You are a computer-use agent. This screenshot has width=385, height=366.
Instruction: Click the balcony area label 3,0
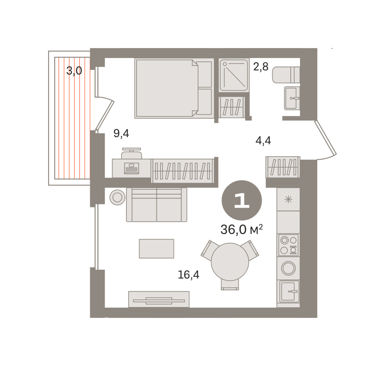[74, 71]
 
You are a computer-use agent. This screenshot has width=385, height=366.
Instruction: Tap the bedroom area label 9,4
[121, 134]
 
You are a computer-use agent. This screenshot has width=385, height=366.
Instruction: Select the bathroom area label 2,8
[261, 67]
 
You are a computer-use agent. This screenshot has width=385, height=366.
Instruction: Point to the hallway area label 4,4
[263, 140]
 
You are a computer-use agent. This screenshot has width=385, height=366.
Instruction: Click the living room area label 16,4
[188, 275]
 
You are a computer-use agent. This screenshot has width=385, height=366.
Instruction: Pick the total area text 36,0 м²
[242, 229]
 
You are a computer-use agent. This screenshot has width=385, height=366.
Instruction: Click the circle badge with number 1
[242, 200]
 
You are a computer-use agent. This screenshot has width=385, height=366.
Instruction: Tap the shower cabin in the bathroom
[234, 75]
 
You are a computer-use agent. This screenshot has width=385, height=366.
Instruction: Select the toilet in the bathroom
[286, 75]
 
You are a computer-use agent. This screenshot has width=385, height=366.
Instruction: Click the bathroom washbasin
[292, 98]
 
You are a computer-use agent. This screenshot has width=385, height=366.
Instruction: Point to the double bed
[174, 88]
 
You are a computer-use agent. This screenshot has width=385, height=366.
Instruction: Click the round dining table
[230, 262]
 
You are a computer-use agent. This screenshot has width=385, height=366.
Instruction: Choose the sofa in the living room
[157, 205]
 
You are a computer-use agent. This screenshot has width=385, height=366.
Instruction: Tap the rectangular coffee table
[157, 249]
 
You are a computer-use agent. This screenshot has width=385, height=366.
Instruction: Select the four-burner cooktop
[288, 245]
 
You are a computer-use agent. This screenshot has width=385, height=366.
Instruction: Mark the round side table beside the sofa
[117, 197]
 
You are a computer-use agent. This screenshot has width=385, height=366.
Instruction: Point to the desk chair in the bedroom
[132, 153]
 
